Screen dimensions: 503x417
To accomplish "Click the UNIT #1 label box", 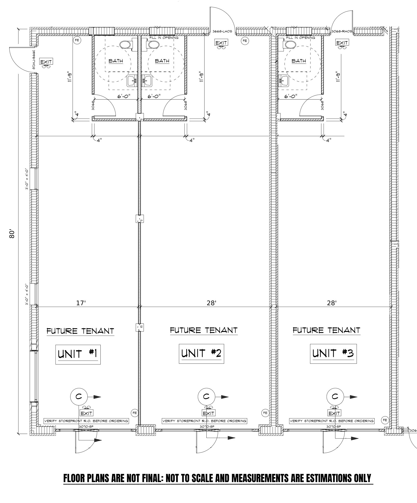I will (78, 354).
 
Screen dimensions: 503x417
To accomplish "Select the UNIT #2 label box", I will (201, 353).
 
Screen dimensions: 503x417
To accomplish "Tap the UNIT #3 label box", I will (333, 353).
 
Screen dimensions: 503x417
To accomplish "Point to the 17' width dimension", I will (81, 303).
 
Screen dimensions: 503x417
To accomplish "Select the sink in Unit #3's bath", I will (284, 80).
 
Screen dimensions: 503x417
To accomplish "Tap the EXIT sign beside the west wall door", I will (46, 62).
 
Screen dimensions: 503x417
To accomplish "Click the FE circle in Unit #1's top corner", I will (77, 41).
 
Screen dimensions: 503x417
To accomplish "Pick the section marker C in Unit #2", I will (206, 396).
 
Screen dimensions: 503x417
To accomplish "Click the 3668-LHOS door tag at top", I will (222, 31).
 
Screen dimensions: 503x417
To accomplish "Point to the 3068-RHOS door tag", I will (342, 31).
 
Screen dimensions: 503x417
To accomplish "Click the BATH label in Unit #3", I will (299, 61).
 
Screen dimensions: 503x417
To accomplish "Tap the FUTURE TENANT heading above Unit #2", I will (203, 330).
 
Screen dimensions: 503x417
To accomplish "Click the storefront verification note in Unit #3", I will (332, 421).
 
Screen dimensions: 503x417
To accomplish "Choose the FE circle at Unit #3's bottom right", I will (385, 420).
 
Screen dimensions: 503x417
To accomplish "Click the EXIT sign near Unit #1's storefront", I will (86, 413).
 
